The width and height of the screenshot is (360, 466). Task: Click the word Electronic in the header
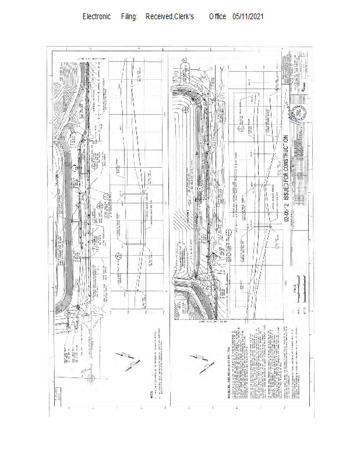[97, 17]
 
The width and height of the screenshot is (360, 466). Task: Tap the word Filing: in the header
[129, 17]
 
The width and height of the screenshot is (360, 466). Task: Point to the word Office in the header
[217, 17]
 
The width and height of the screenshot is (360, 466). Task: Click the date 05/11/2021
[248, 17]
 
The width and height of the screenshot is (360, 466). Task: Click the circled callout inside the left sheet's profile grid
[119, 255]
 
